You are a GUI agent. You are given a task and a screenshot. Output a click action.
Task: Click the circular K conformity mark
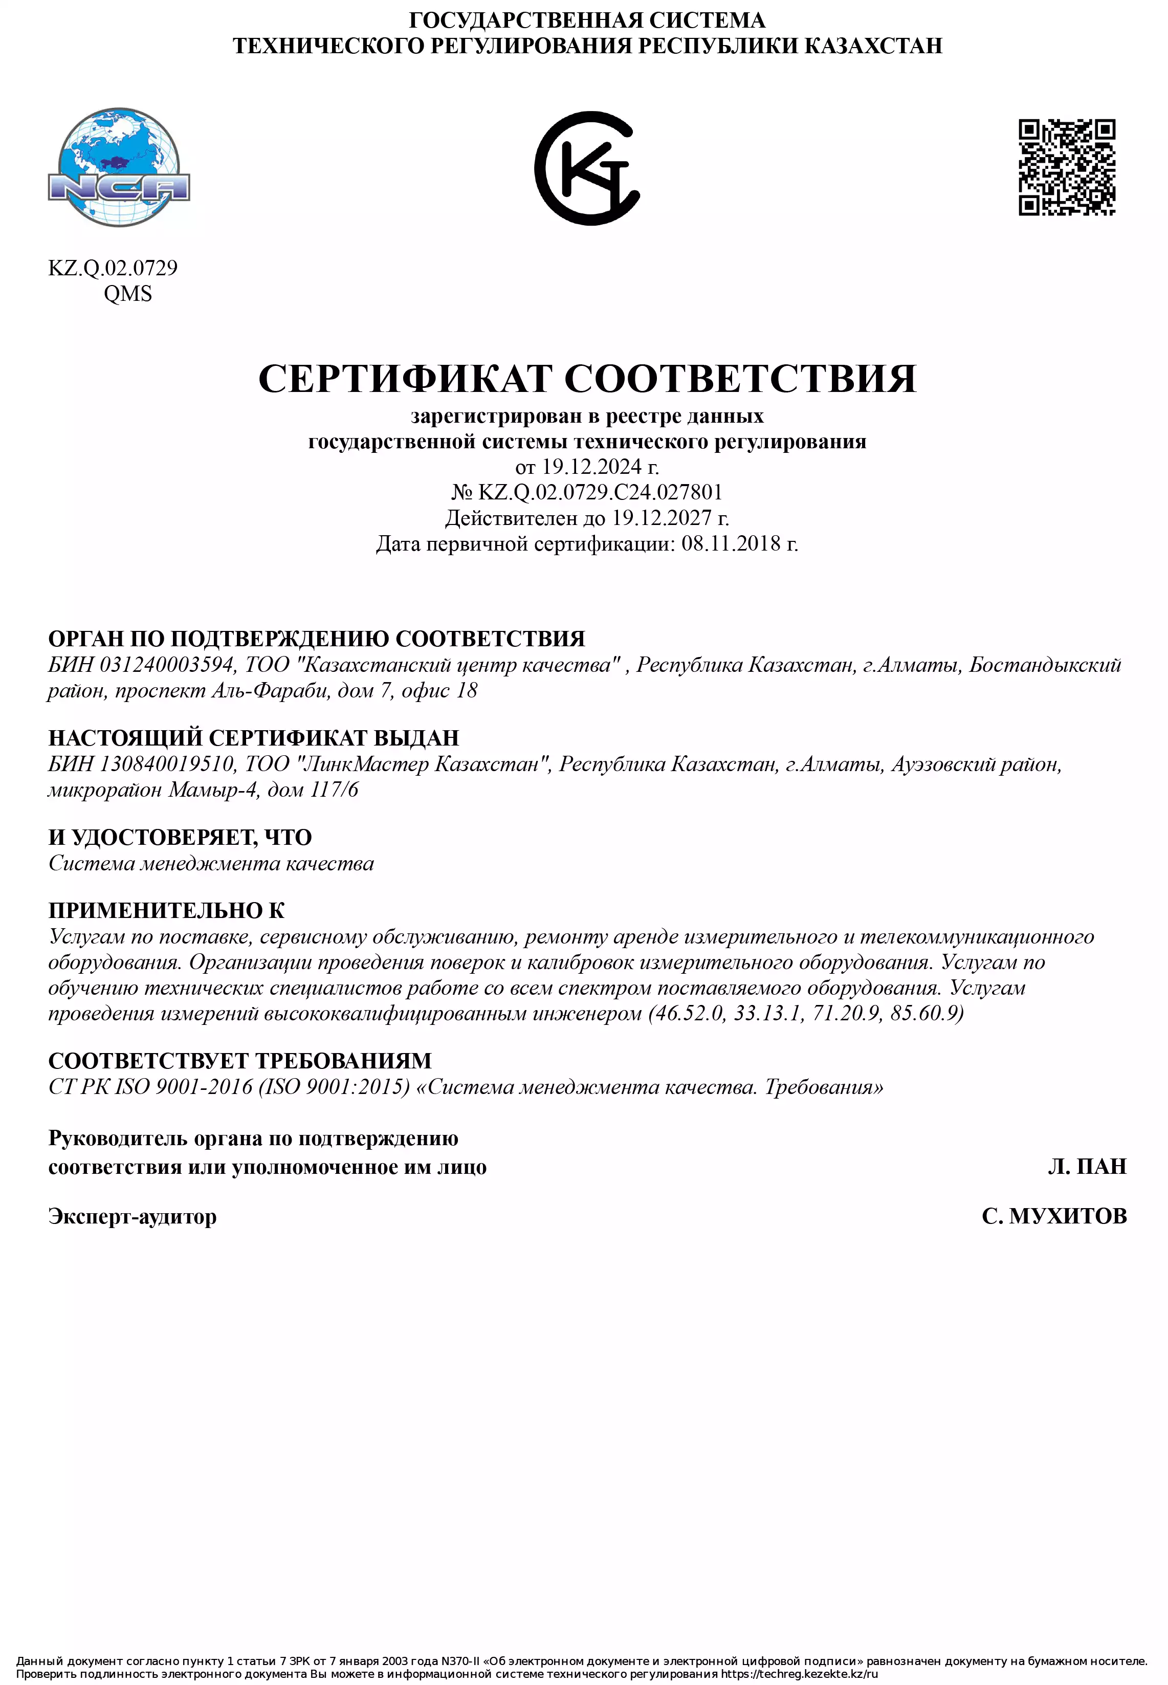(587, 168)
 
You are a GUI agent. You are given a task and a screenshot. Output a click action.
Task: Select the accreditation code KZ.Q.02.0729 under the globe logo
(113, 268)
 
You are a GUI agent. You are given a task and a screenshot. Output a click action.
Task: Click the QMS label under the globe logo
(128, 294)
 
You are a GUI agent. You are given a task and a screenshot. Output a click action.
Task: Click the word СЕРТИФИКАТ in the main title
(405, 379)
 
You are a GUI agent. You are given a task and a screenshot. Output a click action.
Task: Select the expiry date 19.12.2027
(662, 518)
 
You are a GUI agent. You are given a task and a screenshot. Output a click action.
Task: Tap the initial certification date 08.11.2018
(731, 544)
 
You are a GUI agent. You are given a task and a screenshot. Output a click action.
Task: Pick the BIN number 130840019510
(167, 764)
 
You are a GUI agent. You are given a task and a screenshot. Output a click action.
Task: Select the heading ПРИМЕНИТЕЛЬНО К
(167, 911)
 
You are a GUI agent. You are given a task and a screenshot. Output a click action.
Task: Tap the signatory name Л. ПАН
(1087, 1167)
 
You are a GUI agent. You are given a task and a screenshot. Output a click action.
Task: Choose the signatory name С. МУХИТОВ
(1054, 1216)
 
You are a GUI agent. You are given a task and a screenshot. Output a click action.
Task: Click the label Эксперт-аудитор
(133, 1216)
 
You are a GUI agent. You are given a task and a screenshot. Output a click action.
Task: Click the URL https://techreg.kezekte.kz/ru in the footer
(799, 1674)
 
